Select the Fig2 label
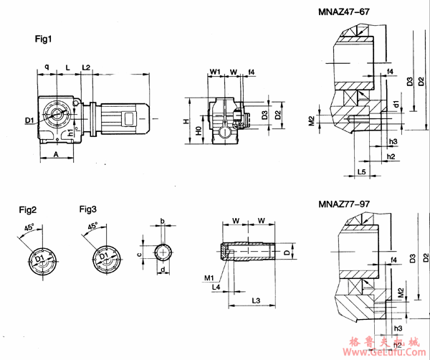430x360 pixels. click(x=29, y=209)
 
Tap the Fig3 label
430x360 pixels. click(x=89, y=209)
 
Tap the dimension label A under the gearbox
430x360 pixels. click(x=55, y=154)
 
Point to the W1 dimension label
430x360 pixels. click(x=215, y=71)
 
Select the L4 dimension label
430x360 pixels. click(x=216, y=286)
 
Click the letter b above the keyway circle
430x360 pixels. click(x=163, y=221)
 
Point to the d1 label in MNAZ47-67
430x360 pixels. click(x=396, y=105)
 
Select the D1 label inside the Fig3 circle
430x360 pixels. click(x=103, y=255)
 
